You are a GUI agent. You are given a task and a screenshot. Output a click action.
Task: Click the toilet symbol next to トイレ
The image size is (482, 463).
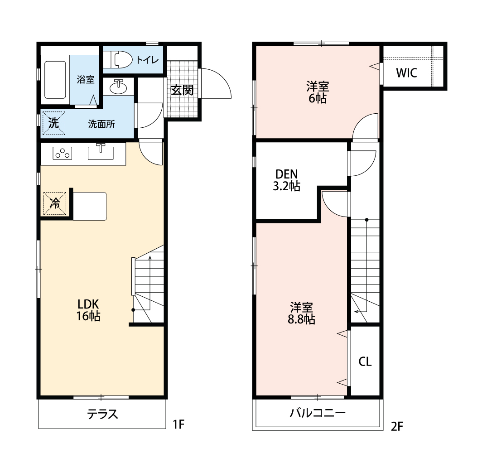[118, 59]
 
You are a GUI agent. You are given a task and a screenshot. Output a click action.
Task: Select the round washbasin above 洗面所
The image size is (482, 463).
[119, 87]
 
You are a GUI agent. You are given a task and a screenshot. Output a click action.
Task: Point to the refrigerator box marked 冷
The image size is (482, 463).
[55, 203]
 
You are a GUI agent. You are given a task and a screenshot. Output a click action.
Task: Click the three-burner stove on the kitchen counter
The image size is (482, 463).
[63, 154]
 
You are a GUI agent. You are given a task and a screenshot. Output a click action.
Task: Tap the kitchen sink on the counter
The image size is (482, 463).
[101, 153]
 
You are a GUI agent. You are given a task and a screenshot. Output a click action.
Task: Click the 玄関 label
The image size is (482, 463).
[182, 90]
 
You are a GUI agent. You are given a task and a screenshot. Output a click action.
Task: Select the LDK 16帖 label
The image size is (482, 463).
[88, 310]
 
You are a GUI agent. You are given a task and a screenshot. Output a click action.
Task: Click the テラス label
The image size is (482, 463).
[103, 414]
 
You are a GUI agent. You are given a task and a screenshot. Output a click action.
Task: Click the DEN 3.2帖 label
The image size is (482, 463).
[286, 180]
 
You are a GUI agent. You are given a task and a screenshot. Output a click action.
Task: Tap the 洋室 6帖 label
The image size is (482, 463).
[317, 92]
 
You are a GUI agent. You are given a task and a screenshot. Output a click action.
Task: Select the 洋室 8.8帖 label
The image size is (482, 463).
[302, 313]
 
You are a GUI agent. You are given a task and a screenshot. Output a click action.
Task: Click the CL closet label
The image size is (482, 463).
[365, 362]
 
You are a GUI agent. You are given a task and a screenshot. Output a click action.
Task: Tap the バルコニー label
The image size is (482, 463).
[318, 413]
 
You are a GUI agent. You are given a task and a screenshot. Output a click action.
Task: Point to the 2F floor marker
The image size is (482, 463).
[397, 426]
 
